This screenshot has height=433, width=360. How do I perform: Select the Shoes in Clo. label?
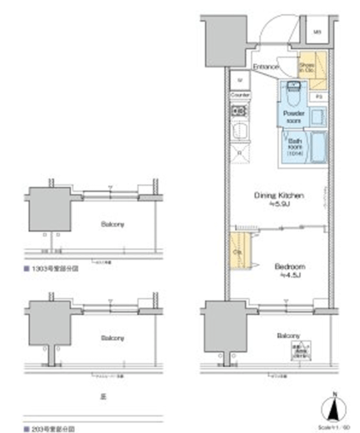[x=307, y=68]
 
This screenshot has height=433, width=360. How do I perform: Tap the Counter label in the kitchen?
[x=240, y=96]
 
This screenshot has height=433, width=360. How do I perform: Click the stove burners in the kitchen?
[x=239, y=111]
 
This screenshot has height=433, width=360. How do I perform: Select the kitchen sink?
[x=239, y=131]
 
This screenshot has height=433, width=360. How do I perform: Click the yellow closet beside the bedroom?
[x=237, y=253]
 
